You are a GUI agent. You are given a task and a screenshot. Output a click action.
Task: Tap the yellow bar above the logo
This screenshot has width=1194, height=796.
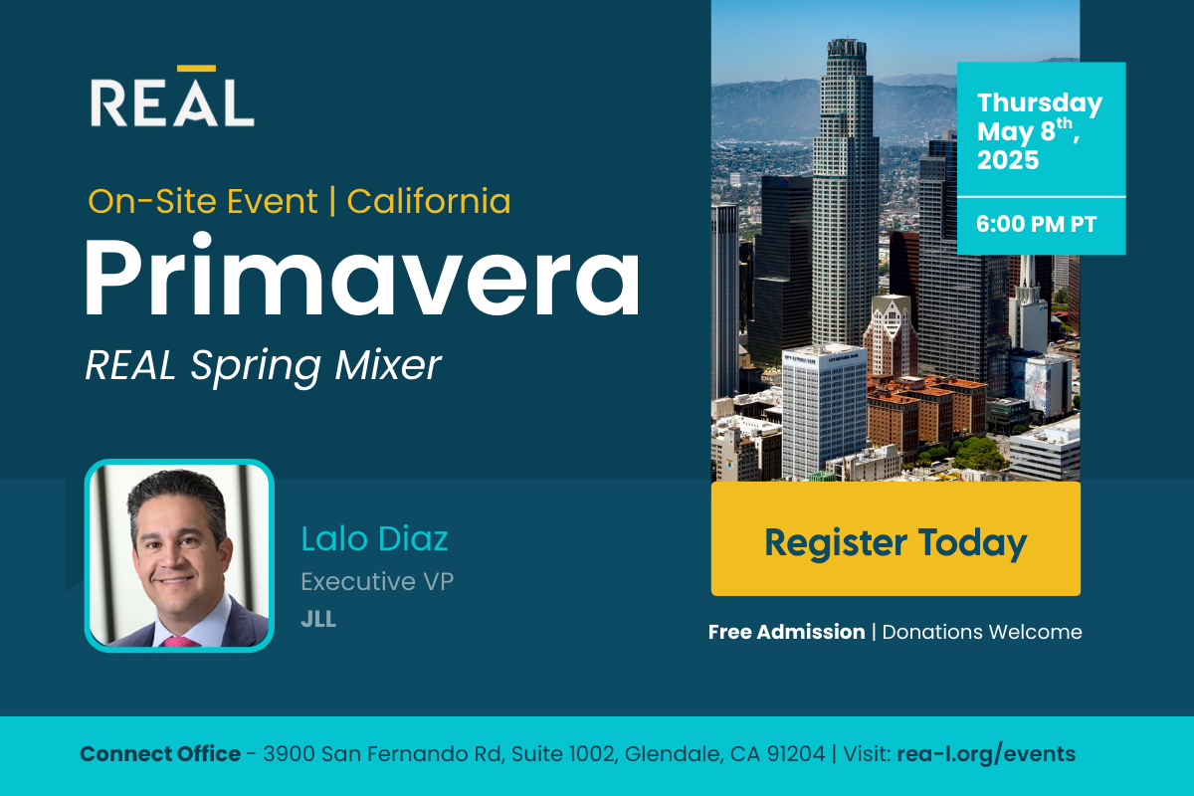tap(196, 69)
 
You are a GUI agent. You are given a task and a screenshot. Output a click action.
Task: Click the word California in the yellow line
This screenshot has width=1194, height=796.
tap(429, 202)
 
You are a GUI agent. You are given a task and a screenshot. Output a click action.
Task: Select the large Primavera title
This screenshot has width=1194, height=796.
tap(362, 277)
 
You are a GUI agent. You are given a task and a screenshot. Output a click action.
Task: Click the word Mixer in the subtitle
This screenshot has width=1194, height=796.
tap(388, 365)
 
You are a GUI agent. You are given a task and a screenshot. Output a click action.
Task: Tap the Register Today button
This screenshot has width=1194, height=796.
tap(895, 538)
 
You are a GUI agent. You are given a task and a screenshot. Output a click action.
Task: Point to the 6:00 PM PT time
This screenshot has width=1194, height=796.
tap(1036, 225)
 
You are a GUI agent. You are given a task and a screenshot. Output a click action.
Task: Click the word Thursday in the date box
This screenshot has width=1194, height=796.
tap(1040, 103)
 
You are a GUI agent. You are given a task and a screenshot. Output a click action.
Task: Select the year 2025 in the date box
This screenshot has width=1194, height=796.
tap(1008, 160)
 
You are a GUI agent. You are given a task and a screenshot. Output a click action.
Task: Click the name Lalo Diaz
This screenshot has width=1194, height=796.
tap(374, 538)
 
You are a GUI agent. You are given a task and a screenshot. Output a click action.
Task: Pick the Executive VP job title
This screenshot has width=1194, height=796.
tap(377, 581)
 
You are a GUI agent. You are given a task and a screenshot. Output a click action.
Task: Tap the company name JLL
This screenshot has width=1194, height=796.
tap(318, 619)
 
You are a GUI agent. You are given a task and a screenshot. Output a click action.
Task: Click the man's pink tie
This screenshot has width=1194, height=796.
tap(181, 642)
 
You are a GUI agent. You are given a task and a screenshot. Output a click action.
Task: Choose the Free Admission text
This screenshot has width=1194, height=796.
tap(786, 632)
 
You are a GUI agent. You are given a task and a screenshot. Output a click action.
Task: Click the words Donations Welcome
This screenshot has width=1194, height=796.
tap(982, 632)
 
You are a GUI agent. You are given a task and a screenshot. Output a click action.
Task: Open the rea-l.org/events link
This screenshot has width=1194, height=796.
tap(986, 754)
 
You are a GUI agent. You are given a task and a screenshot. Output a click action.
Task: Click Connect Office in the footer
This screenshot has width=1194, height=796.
tap(160, 754)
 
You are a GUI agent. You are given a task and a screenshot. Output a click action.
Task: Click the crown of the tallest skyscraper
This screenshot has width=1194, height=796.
tap(846, 49)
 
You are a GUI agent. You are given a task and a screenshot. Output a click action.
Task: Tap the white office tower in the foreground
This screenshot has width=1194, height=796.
tap(824, 411)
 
